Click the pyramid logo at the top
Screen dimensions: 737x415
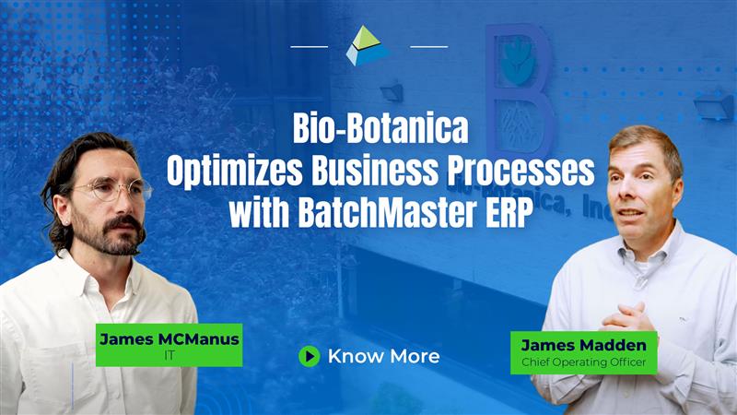coord(368,45)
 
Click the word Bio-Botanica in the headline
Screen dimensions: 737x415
coord(380,128)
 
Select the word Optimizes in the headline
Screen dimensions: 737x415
coord(235,171)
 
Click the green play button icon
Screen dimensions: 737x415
coord(310,356)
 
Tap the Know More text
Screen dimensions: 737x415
coord(383,356)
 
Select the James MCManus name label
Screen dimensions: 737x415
coord(170,338)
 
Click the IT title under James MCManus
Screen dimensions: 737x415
coord(170,355)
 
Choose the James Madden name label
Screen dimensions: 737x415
coord(583,345)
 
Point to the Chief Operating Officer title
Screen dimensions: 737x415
coord(583,362)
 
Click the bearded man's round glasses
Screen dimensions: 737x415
coord(111,190)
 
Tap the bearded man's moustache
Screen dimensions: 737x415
coord(123,224)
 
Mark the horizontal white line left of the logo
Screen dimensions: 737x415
coord(310,47)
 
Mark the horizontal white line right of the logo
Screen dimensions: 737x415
coord(428,47)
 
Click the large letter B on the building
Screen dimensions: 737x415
coord(519,89)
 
